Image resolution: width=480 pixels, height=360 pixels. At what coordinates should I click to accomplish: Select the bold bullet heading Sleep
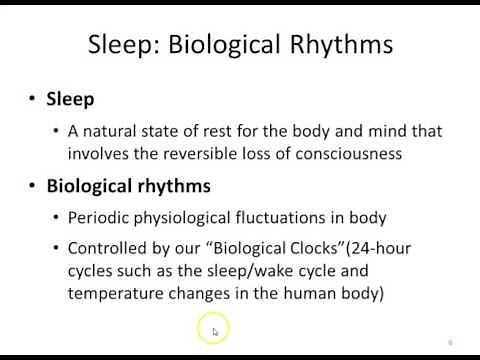tap(70, 99)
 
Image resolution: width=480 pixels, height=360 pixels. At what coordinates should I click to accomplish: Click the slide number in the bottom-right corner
tap(451, 342)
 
